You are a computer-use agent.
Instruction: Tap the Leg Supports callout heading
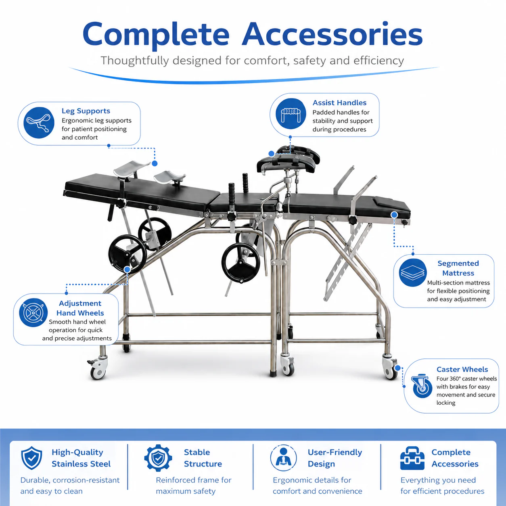86,111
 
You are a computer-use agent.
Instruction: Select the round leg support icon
39,123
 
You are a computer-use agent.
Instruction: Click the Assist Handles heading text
339,102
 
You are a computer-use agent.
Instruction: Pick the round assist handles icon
291,114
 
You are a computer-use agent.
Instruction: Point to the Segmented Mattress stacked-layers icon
412,272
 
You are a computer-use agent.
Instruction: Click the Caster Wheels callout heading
462,369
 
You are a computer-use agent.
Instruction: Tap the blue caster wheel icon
422,386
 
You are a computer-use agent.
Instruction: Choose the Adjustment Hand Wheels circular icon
33,312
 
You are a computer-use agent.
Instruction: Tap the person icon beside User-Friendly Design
283,458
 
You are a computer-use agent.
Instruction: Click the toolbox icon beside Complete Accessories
412,458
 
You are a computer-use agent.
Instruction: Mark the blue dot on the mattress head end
394,215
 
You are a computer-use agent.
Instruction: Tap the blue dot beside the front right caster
397,368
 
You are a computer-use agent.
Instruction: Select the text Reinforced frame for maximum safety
194,485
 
